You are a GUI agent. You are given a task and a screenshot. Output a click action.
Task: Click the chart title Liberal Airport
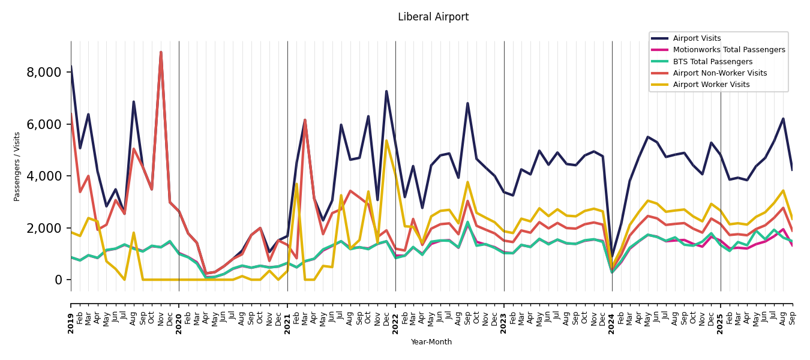point(433,17)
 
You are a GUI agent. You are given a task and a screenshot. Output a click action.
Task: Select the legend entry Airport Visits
point(697,38)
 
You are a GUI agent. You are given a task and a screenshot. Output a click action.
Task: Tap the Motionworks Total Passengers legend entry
point(728,50)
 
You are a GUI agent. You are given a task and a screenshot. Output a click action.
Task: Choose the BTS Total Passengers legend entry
point(712,62)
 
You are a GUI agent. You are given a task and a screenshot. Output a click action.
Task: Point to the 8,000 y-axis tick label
point(44,73)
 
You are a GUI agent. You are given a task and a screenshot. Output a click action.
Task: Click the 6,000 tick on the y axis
point(44,124)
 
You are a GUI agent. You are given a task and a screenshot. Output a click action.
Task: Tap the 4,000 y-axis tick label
point(44,176)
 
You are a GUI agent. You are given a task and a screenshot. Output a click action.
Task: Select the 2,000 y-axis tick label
point(44,228)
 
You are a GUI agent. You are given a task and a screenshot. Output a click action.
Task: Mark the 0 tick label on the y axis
point(58,280)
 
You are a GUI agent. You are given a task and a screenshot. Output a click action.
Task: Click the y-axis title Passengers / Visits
point(17,166)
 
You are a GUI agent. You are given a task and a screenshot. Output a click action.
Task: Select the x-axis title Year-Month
point(431,342)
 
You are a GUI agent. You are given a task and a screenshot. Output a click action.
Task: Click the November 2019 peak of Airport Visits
point(161,52)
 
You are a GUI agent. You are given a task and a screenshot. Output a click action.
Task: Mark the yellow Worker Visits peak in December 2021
point(386,140)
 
